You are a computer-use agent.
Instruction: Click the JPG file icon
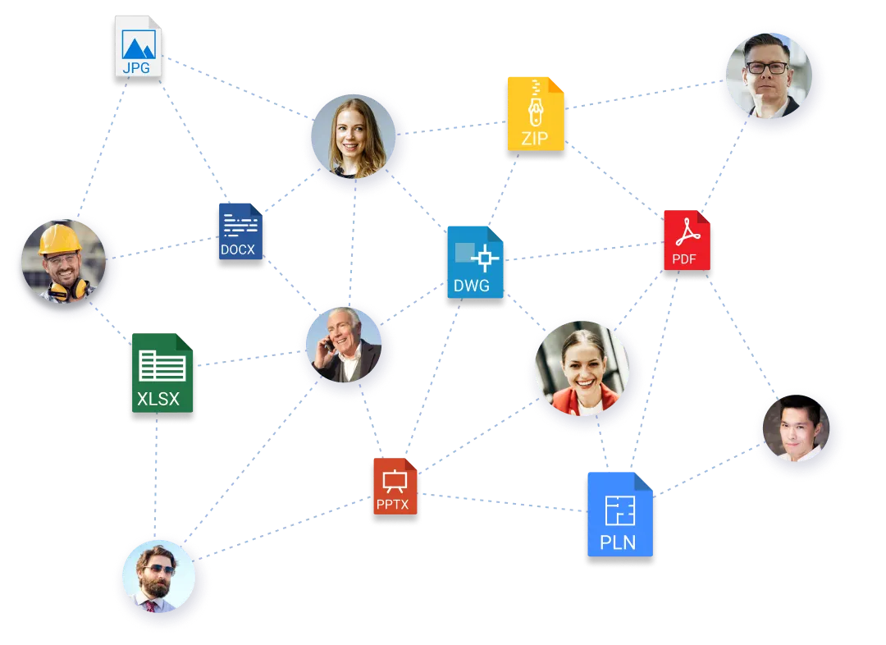[137, 49]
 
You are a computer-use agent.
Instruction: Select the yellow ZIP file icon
[536, 115]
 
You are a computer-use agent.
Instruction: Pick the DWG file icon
[475, 263]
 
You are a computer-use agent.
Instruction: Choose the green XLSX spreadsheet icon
[162, 374]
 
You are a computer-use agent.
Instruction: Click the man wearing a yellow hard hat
[64, 259]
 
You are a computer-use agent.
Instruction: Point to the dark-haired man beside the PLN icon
[798, 432]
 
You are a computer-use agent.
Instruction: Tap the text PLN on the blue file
[618, 542]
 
